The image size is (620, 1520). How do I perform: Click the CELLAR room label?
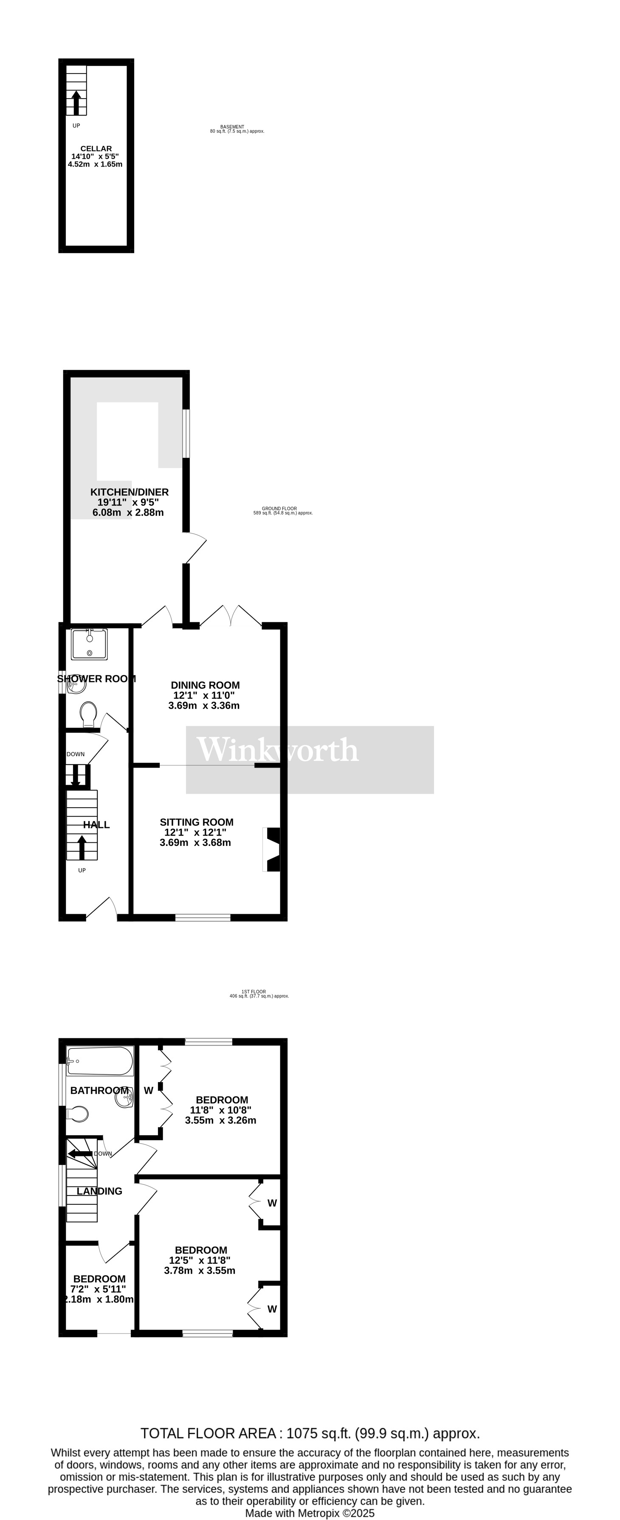(96, 149)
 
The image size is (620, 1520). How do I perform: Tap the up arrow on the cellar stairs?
(76, 102)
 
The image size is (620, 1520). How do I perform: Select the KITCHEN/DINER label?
(129, 492)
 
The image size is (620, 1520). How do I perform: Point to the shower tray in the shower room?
(89, 644)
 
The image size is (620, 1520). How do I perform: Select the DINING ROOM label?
(205, 685)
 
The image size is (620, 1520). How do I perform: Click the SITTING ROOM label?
(197, 822)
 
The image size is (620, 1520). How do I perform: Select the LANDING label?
(99, 1191)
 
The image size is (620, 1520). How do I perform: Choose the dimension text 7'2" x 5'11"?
(99, 1290)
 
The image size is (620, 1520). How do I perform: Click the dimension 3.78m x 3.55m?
(200, 1270)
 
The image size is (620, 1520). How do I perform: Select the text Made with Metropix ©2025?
(310, 1513)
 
